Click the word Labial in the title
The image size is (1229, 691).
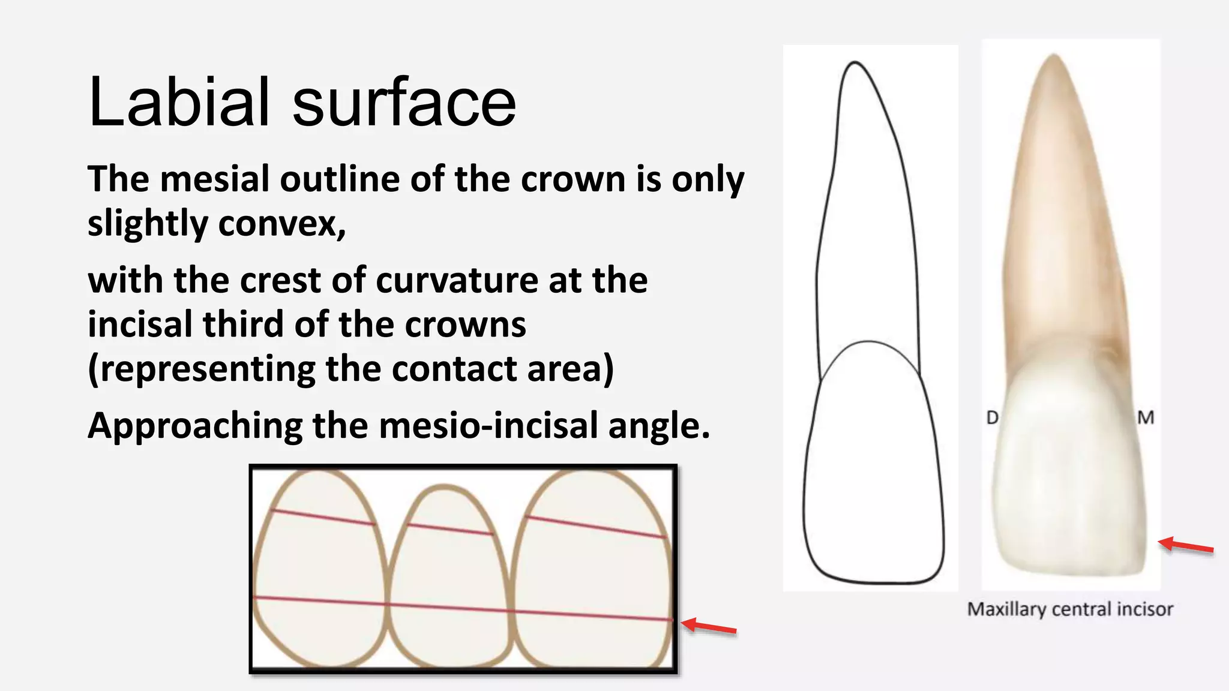pyautogui.click(x=178, y=102)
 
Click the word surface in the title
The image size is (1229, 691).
pyautogui.click(x=404, y=102)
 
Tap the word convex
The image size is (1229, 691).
pyautogui.click(x=282, y=224)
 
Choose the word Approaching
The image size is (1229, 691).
pyautogui.click(x=194, y=426)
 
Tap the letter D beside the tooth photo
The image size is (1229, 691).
pyautogui.click(x=993, y=417)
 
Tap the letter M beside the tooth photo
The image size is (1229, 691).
pyautogui.click(x=1146, y=417)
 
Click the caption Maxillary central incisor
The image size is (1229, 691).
pyautogui.click(x=1070, y=609)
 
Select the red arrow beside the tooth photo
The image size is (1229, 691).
pyautogui.click(x=1185, y=546)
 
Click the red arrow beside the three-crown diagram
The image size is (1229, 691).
pyautogui.click(x=709, y=626)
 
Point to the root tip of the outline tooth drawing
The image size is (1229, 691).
pyautogui.click(x=855, y=64)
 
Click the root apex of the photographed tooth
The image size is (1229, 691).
pyautogui.click(x=1054, y=57)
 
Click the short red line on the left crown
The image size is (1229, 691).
pyautogui.click(x=323, y=518)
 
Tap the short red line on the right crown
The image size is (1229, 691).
pyautogui.click(x=595, y=527)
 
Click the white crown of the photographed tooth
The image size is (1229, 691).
pyautogui.click(x=1068, y=480)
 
